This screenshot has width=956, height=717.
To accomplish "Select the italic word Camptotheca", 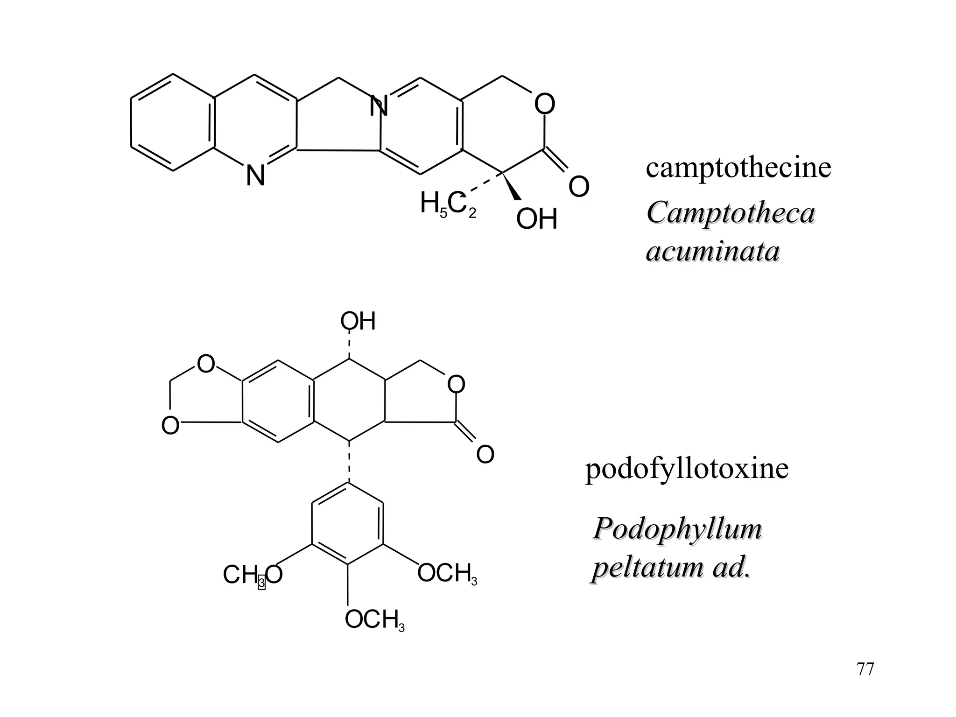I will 731,213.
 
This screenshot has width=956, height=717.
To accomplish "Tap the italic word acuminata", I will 713,252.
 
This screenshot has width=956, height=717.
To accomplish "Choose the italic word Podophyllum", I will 677,529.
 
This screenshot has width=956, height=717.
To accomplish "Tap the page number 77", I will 865,669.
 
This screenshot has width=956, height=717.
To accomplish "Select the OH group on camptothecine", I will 537,219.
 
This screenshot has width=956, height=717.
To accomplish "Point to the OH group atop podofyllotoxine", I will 358,322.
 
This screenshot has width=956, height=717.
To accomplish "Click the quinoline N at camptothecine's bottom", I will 255,176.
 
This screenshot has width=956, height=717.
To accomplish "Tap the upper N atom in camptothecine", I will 378,107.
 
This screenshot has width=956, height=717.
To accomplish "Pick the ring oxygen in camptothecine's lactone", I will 544,104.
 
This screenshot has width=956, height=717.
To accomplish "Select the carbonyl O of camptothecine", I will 579,187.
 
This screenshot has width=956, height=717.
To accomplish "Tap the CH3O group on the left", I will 253,575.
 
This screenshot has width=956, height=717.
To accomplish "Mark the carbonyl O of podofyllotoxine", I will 485,454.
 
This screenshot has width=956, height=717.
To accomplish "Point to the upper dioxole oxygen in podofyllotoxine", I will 206,364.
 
